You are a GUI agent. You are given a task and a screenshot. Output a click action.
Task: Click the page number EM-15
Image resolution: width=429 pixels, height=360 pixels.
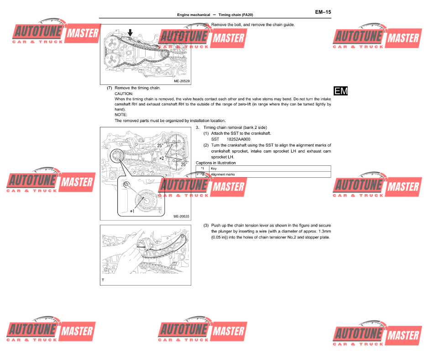[323, 12]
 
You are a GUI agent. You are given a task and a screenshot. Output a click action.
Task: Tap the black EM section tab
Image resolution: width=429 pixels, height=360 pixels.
[341, 91]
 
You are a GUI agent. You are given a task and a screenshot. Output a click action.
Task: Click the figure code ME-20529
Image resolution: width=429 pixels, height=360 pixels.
[181, 81]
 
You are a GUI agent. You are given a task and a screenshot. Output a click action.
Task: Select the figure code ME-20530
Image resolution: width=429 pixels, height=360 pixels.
[181, 217]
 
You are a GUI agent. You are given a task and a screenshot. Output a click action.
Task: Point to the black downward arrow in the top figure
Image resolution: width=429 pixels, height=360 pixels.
[131, 32]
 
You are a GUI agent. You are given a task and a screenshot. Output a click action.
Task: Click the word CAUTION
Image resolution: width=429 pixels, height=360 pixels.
[124, 93]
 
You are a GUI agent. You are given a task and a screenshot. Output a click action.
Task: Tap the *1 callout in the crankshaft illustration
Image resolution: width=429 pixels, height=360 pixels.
[132, 211]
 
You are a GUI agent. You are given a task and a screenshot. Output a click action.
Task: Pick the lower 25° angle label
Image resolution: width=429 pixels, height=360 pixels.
[184, 164]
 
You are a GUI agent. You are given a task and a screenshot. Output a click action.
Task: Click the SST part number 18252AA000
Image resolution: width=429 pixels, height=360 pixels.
[240, 139]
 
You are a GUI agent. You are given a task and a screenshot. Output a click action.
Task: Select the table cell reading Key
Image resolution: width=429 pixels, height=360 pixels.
[214, 169]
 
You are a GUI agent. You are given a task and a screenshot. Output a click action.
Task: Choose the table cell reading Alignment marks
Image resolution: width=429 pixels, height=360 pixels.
[223, 175]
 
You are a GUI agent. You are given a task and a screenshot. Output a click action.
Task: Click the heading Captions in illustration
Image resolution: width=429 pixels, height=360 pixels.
[215, 163]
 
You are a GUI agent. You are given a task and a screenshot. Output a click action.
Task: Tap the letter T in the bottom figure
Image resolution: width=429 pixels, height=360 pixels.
[103, 280]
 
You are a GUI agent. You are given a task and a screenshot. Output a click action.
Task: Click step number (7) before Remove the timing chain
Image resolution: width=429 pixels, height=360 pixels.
[110, 88]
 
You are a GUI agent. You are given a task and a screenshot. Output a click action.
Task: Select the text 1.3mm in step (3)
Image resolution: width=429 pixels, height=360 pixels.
[324, 231]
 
